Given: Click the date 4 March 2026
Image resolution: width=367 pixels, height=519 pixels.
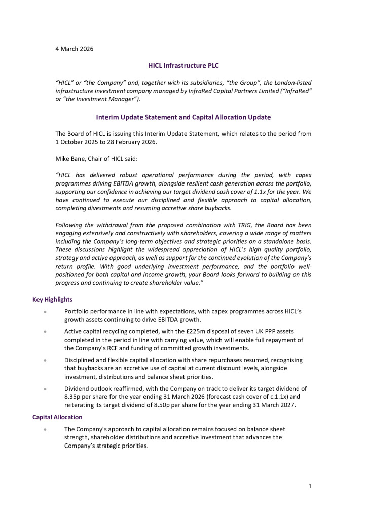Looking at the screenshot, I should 74,49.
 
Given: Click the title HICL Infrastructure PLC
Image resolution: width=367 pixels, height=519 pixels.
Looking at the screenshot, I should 183,65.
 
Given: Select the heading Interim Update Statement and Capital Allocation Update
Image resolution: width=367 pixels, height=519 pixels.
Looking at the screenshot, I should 183,117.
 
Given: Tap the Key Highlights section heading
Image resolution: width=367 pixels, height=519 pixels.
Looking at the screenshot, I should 53,300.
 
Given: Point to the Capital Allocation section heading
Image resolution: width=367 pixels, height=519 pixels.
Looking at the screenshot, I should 57,417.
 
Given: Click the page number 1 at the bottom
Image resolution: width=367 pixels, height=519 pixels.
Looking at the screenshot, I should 309,487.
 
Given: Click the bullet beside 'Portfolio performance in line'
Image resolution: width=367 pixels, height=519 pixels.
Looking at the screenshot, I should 45,311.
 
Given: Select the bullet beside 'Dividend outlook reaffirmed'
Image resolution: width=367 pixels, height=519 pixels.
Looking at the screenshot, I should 45,389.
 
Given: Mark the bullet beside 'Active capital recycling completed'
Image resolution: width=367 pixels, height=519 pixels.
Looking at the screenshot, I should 45,332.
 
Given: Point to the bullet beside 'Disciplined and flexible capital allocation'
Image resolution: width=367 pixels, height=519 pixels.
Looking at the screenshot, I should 45,360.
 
